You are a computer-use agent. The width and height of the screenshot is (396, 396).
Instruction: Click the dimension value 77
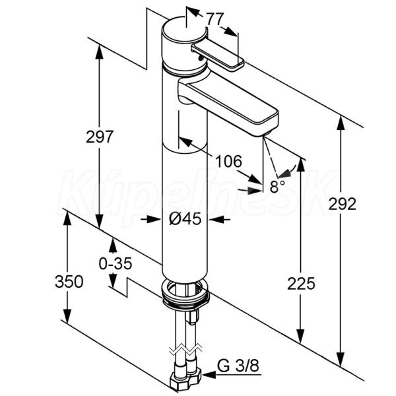click(215, 19)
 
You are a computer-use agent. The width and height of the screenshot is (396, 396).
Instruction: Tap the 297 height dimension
click(99, 137)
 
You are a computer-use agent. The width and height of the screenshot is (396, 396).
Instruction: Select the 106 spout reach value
click(228, 161)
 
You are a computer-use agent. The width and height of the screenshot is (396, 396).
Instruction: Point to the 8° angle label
click(277, 186)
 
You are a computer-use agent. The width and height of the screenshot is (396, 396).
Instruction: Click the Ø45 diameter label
click(185, 218)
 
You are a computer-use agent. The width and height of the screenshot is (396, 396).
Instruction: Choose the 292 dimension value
click(342, 204)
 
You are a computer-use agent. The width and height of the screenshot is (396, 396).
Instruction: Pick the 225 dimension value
click(301, 283)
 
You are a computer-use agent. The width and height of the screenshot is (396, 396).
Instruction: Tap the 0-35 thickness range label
click(115, 263)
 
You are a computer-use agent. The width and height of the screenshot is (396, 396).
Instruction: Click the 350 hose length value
click(69, 281)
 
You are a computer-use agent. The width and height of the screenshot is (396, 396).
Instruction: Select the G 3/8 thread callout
click(238, 366)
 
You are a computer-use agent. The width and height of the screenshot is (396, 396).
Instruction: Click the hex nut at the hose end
click(185, 379)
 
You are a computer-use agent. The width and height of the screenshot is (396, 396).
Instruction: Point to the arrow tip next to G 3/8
click(203, 375)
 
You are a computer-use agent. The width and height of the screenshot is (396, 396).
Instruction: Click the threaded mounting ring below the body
click(186, 294)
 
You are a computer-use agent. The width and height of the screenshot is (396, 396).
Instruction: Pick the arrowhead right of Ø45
click(214, 220)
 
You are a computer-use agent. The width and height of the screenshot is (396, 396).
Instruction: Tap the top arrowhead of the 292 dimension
click(341, 123)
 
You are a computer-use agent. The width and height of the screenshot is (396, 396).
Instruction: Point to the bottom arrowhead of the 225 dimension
click(300, 336)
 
